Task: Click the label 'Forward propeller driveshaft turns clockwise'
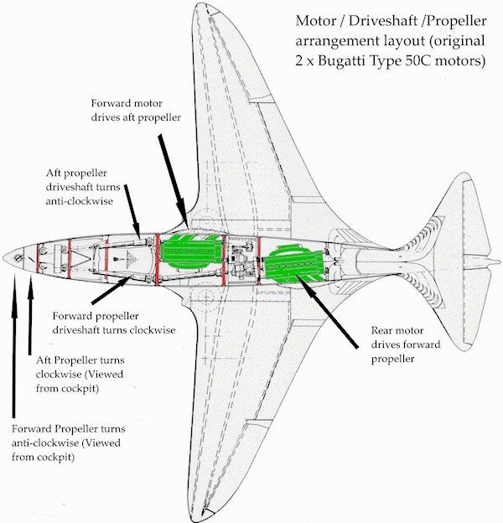(x=113, y=323)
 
